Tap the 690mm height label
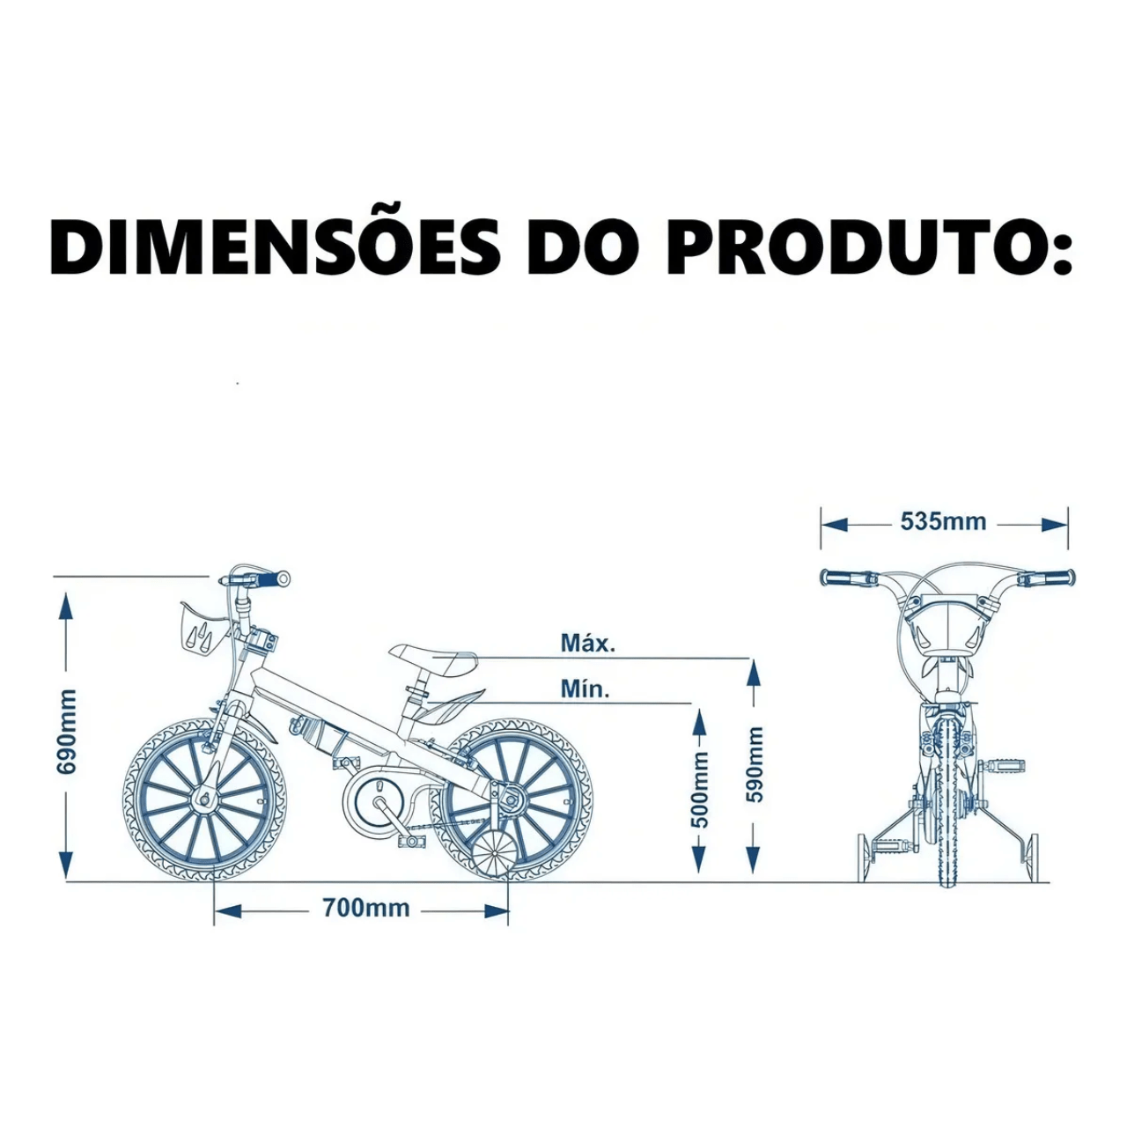67,732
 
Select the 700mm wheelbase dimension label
366,907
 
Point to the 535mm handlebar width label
943,521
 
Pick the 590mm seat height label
755,764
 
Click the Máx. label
588,644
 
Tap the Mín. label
585,689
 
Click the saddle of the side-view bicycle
433,658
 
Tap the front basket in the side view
202,628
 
